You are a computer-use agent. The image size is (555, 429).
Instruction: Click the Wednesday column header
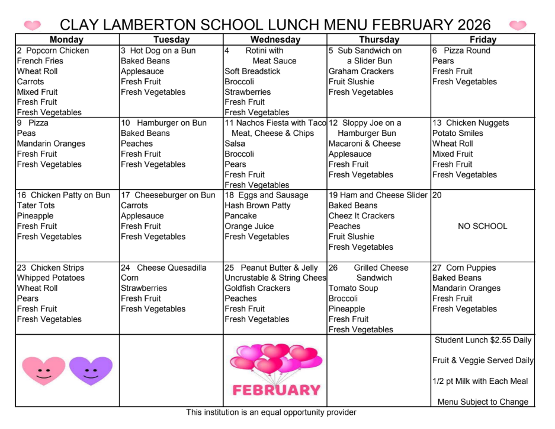tap(274, 40)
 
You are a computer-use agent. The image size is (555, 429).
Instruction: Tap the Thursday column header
tap(378, 40)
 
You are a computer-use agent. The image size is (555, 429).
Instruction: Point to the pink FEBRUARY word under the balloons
tap(276, 390)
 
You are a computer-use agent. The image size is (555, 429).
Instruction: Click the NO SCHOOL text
tap(483, 226)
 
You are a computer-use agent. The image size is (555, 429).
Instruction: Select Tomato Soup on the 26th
tap(353, 288)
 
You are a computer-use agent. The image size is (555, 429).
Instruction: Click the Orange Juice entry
tap(249, 226)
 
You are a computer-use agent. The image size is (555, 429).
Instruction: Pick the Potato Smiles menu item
tap(457, 133)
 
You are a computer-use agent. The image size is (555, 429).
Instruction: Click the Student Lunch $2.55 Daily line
tap(483, 340)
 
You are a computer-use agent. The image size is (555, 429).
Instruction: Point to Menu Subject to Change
tap(483, 402)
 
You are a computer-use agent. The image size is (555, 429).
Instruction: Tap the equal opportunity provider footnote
tap(271, 412)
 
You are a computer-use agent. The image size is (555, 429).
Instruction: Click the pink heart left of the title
tap(33, 25)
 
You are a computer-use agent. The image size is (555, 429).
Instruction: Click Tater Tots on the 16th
tap(36, 205)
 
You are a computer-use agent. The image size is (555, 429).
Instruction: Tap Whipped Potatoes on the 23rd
tap(50, 278)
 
